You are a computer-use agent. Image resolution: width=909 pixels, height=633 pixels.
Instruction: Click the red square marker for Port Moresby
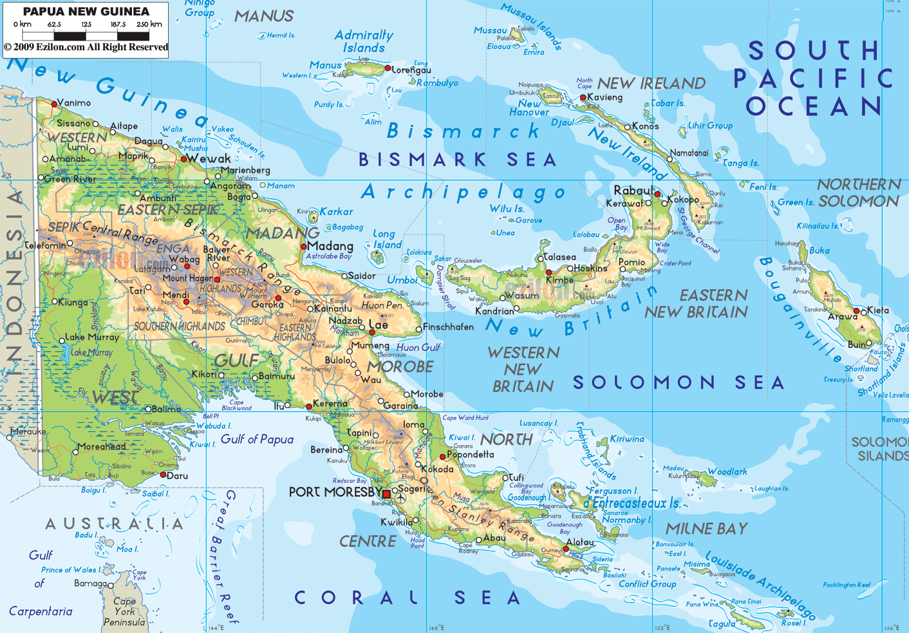click(386, 494)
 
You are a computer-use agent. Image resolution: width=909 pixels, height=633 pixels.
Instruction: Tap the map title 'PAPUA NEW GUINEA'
click(86, 12)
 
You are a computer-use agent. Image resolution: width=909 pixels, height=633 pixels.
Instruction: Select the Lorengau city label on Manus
click(411, 70)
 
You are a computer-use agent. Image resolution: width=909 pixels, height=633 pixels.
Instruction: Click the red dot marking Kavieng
click(583, 98)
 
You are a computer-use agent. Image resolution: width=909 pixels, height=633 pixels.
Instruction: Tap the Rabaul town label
click(633, 191)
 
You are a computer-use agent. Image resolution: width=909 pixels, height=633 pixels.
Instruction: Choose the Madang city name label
click(331, 246)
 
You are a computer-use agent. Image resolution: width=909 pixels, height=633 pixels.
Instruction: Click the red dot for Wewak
click(183, 158)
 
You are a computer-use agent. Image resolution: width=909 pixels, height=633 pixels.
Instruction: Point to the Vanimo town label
click(74, 103)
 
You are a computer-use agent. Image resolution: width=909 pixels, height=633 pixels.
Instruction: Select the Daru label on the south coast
click(178, 476)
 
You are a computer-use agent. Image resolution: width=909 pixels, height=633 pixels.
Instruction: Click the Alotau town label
click(580, 543)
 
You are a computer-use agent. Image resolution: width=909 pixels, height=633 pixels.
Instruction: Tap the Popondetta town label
click(471, 455)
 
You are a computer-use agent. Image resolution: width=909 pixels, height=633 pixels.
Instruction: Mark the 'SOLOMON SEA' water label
click(679, 383)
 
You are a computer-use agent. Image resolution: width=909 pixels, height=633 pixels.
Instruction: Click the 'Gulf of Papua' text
click(257, 439)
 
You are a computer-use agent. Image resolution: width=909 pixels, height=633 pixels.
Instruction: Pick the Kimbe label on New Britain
click(559, 280)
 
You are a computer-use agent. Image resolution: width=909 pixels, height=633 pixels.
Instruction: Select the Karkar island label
click(337, 212)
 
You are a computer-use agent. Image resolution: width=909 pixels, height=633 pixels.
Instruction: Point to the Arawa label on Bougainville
click(843, 317)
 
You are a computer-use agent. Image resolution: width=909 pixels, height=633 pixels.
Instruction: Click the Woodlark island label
click(727, 472)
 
